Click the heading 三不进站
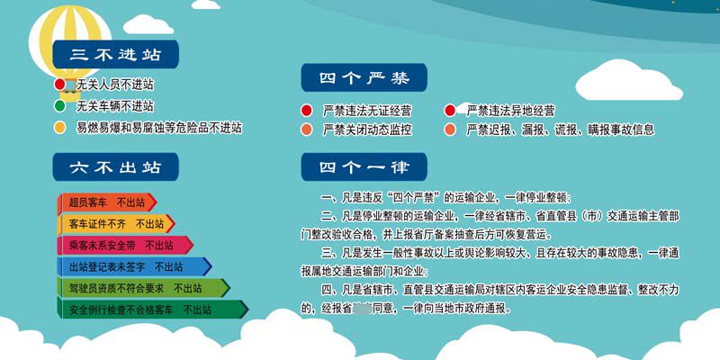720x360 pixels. pos(114,55)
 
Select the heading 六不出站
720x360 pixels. pos(114,166)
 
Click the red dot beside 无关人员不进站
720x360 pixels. pos(60,85)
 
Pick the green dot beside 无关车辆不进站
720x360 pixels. pos(60,106)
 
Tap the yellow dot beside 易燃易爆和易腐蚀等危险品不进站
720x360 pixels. pos(60,128)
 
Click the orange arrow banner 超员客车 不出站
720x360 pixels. pos(106,202)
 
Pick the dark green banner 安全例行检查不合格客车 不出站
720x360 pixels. pos(151,310)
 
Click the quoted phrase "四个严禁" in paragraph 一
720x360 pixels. pos(413,197)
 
